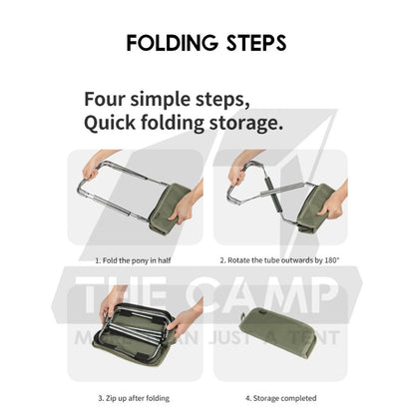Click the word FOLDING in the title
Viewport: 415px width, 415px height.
coord(173,43)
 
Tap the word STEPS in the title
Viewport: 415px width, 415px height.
coord(256,43)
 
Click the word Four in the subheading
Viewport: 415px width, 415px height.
coord(105,99)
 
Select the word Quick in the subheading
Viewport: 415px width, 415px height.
coord(110,123)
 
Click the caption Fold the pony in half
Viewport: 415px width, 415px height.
coord(133,260)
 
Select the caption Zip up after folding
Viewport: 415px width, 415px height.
coord(134,398)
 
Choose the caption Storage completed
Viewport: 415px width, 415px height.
coord(281,398)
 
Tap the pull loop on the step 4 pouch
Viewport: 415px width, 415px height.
coord(243,316)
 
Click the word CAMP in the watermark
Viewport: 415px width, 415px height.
coord(262,295)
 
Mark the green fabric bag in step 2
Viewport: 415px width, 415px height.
coord(314,207)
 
